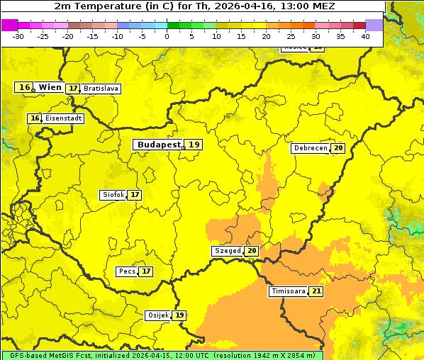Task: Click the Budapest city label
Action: [x=160, y=145]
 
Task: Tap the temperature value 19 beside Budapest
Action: [x=194, y=145]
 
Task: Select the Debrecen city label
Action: [x=310, y=148]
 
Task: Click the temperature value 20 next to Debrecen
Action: [x=338, y=148]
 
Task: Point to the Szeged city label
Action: [x=227, y=251]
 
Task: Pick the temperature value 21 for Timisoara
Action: [x=316, y=291]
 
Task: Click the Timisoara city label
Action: [x=289, y=291]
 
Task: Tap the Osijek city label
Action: [x=158, y=315]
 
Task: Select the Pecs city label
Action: [x=127, y=271]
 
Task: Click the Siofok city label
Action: [x=112, y=195]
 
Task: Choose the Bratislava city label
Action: [x=100, y=89]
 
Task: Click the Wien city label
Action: [x=50, y=87]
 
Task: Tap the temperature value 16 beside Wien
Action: [x=24, y=87]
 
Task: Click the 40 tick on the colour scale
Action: [x=365, y=35]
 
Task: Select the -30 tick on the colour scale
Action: [x=18, y=35]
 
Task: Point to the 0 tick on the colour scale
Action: [x=167, y=35]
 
